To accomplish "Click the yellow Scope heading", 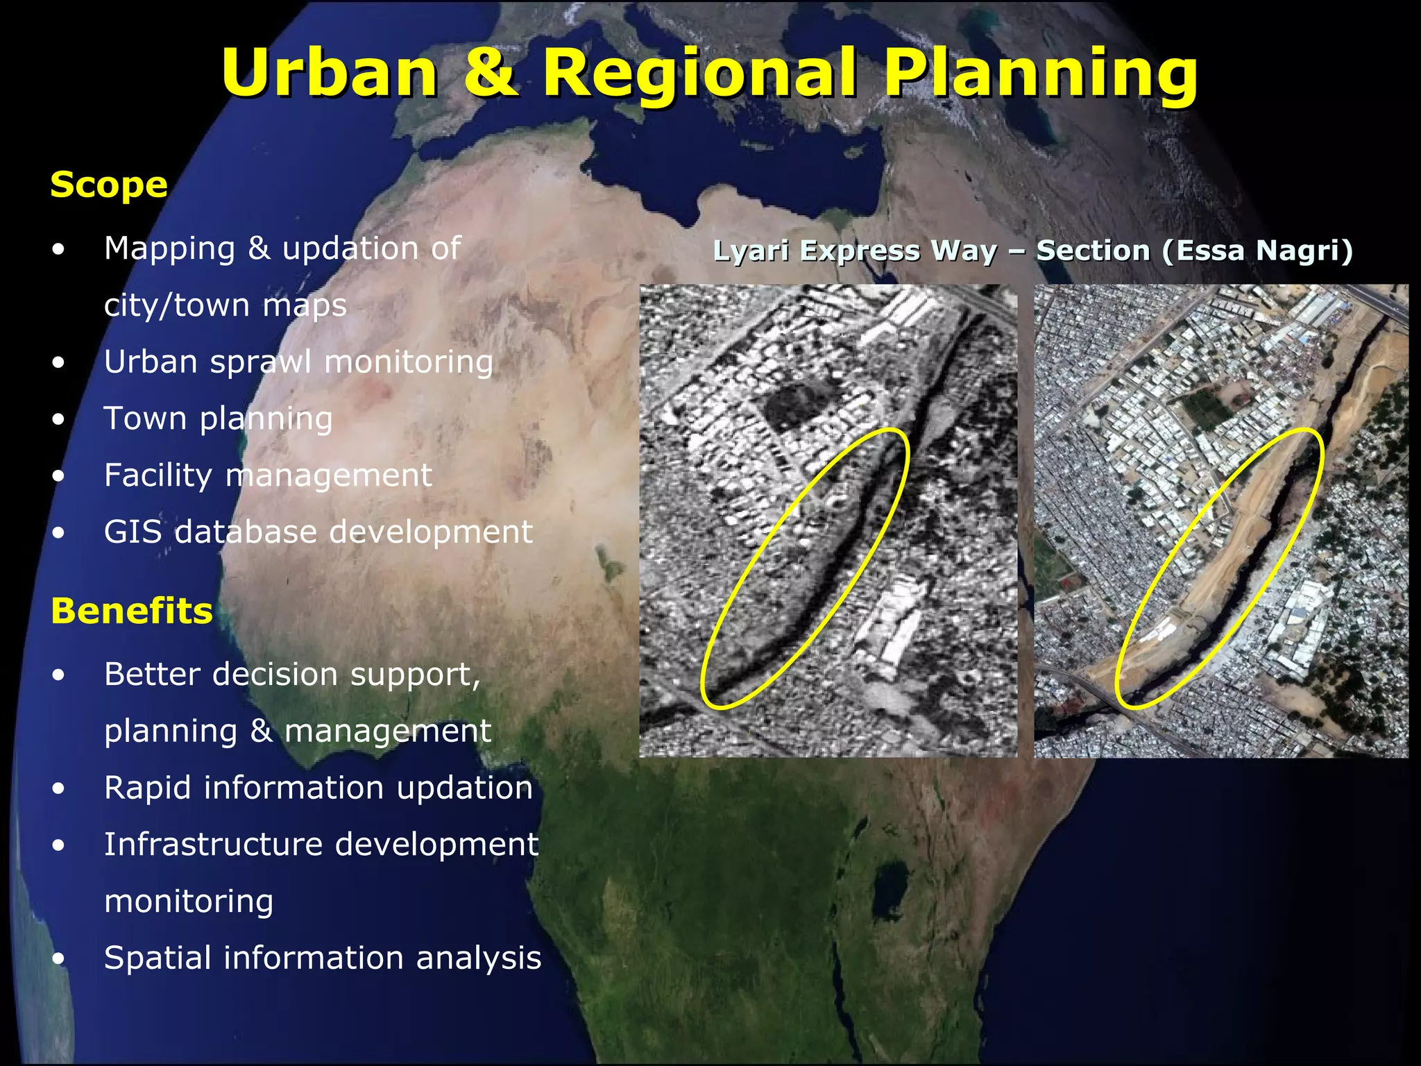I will pyautogui.click(x=109, y=185).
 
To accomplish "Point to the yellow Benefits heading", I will pyautogui.click(x=132, y=611).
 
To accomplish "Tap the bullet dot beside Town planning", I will pyautogui.click(x=59, y=418).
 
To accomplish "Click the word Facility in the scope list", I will pyautogui.click(x=158, y=475).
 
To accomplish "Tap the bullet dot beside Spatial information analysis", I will pyautogui.click(x=59, y=958).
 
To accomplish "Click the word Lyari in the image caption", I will pyautogui.click(x=750, y=251).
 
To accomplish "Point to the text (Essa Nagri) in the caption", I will pyautogui.click(x=1257, y=251).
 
